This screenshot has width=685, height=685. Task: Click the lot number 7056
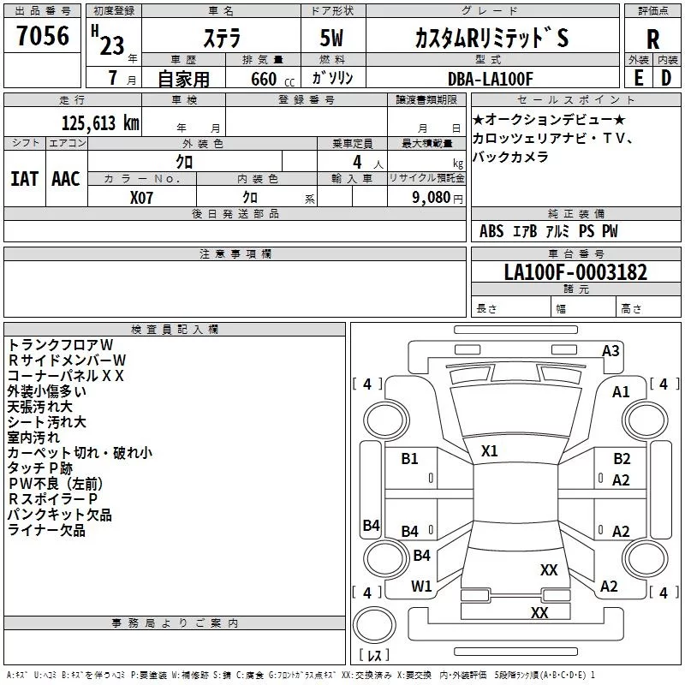tap(42, 37)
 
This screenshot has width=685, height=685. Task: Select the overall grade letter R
tap(652, 39)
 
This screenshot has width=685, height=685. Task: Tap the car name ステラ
tap(221, 39)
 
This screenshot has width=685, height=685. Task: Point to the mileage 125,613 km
tap(100, 122)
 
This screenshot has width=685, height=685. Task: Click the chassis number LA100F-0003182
tap(575, 273)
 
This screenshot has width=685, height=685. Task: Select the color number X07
tap(142, 197)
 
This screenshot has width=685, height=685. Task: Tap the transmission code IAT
tap(24, 179)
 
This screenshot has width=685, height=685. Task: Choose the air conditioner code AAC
tap(65, 179)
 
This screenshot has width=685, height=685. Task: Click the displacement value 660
tap(263, 79)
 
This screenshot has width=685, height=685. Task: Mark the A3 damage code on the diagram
tap(611, 350)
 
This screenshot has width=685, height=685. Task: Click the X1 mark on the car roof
tap(490, 450)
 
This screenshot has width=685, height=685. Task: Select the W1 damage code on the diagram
tap(421, 586)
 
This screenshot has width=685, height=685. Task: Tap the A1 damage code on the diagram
tap(621, 391)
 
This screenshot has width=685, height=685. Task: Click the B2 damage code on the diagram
tap(622, 459)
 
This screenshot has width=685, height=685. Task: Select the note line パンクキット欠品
tap(59, 515)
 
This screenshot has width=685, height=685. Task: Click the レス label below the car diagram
tap(373, 655)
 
